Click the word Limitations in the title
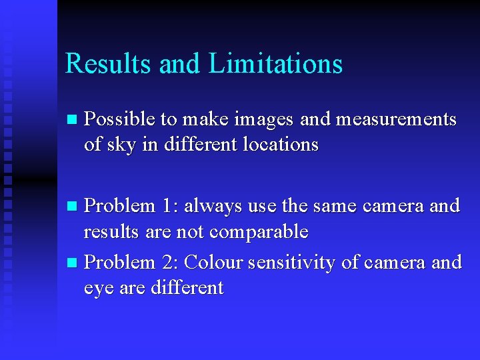click(x=275, y=64)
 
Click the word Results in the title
click(x=110, y=64)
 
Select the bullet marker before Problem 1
click(x=74, y=207)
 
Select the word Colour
click(x=213, y=263)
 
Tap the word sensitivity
click(x=291, y=263)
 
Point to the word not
click(x=192, y=232)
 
